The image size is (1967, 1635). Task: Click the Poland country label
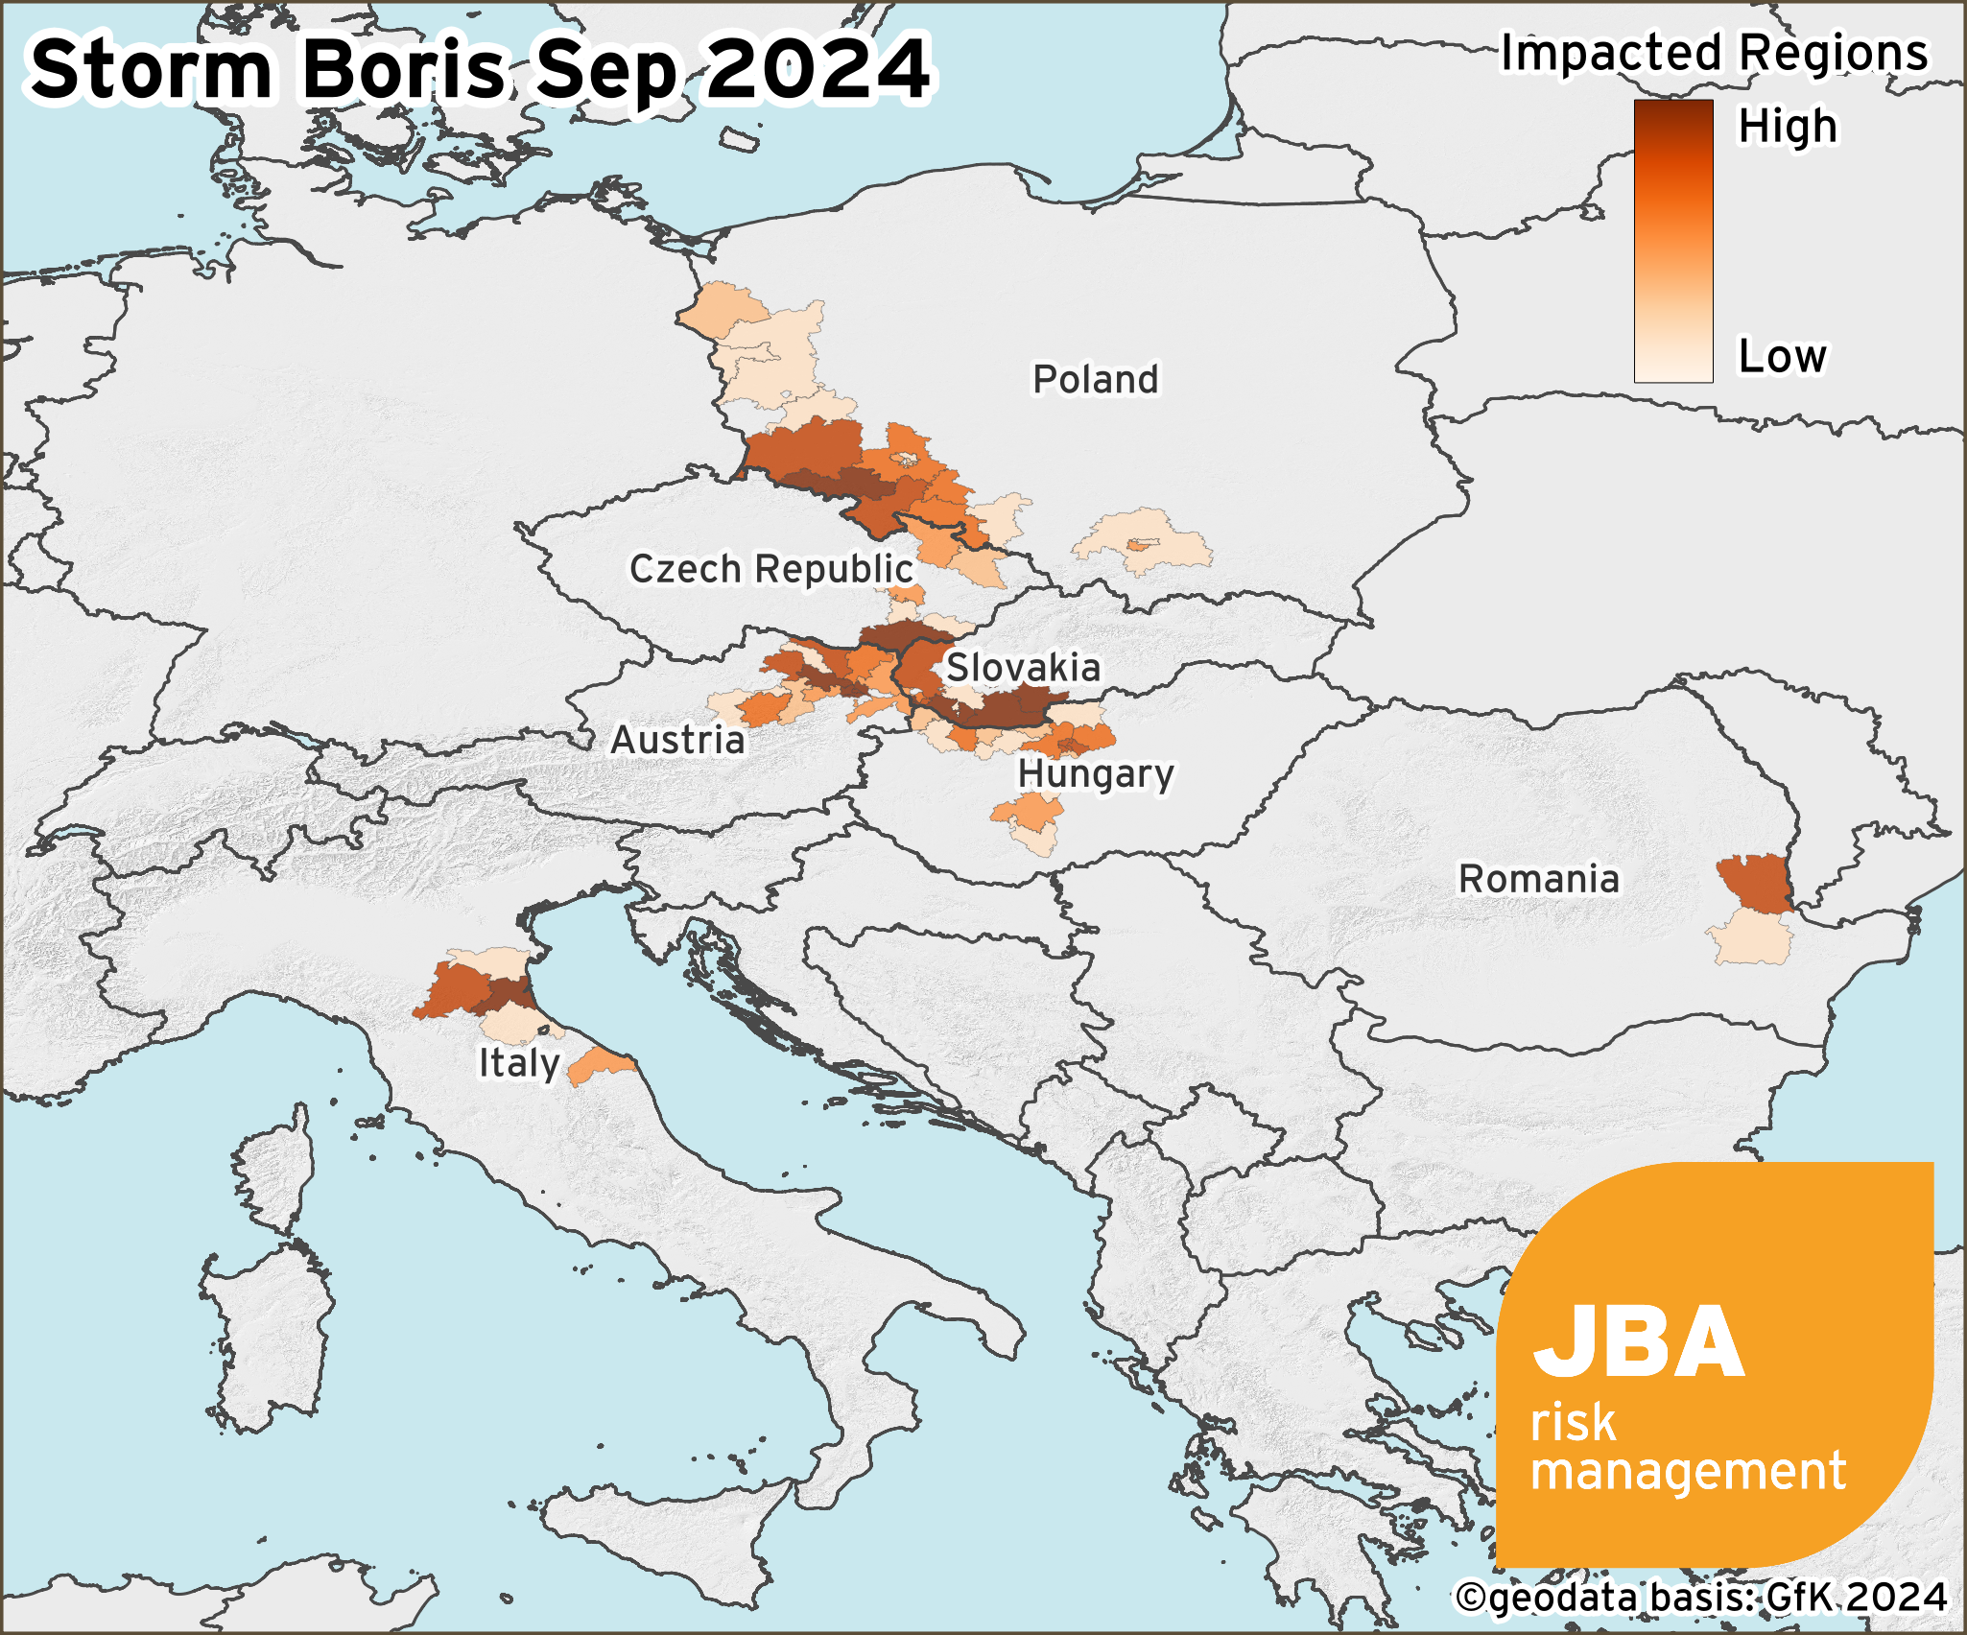(x=1095, y=379)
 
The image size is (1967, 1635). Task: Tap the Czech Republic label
(x=770, y=569)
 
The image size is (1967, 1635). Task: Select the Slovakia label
(x=1023, y=668)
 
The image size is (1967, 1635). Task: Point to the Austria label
(x=677, y=740)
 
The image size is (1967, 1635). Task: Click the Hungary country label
(x=1096, y=773)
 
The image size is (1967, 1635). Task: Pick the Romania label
(x=1538, y=879)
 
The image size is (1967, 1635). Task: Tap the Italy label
(x=519, y=1063)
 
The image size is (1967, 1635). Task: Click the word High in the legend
(x=1787, y=127)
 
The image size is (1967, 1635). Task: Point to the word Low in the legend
(x=1782, y=356)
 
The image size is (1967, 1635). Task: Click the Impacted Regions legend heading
(x=1714, y=53)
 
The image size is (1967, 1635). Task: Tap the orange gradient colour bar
(x=1673, y=240)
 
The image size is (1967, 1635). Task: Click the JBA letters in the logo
(x=1637, y=1343)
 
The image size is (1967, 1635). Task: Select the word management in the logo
(x=1687, y=1471)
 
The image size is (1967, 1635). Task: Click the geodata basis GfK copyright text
(x=1700, y=1598)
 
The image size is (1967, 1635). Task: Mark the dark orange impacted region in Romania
(x=1752, y=883)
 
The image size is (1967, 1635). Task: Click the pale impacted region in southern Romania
(x=1752, y=939)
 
